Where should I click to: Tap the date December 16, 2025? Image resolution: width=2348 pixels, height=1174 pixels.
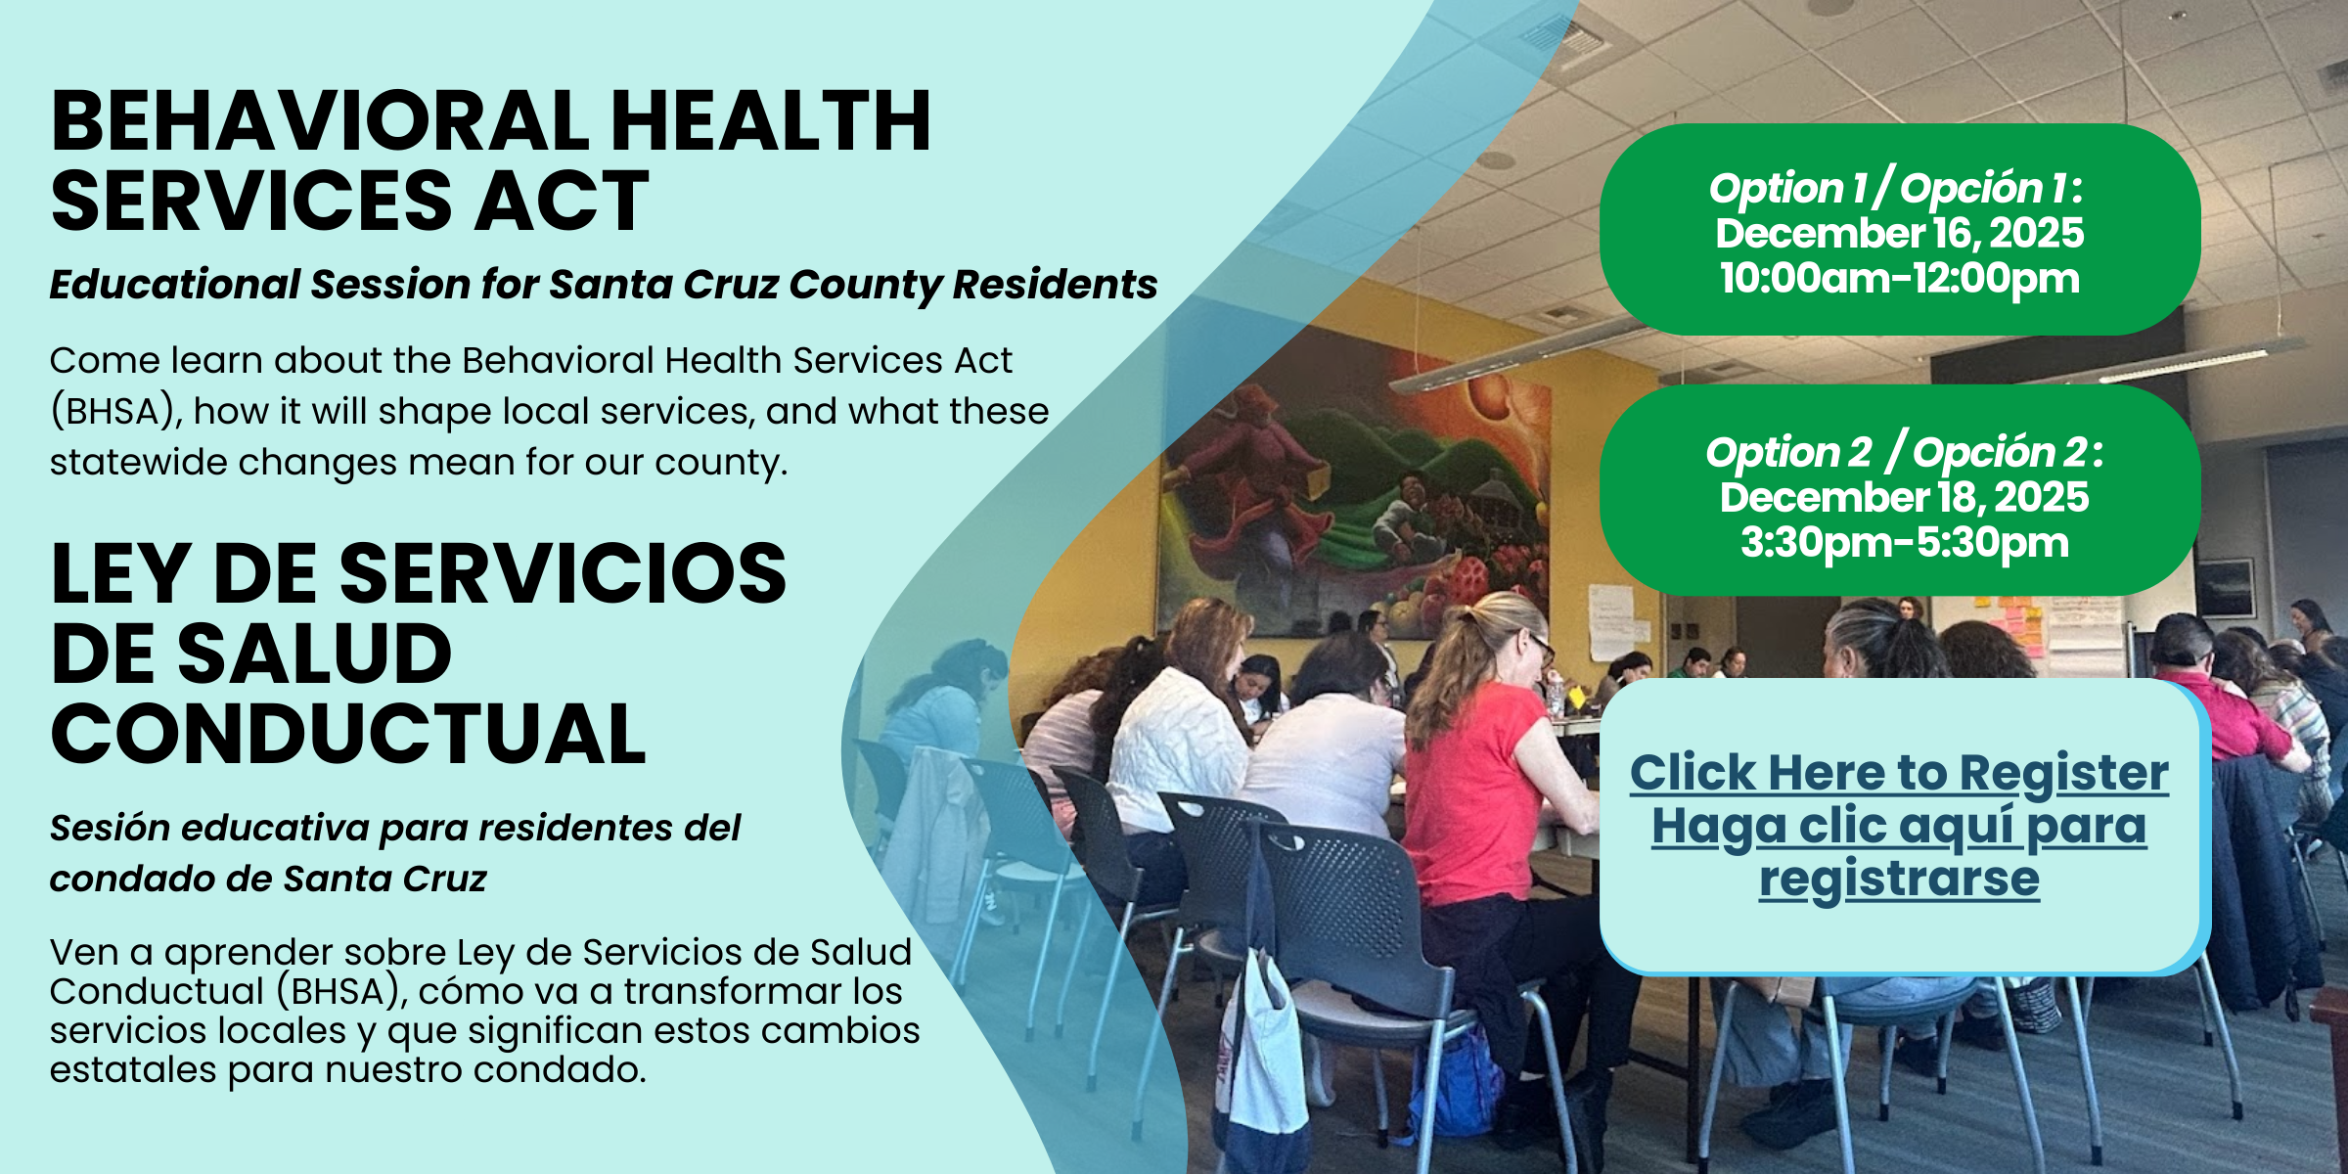tap(1899, 233)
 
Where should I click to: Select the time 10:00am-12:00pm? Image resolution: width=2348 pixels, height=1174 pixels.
tap(1899, 278)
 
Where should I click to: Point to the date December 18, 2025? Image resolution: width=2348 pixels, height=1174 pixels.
tap(1904, 497)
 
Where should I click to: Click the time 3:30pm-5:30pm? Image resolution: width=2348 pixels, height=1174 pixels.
tap(1904, 543)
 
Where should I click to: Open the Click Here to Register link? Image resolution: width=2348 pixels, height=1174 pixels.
tap(1899, 773)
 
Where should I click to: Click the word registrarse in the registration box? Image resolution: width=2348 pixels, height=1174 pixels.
tap(1899, 879)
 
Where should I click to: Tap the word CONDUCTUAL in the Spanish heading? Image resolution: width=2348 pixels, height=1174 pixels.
tap(348, 735)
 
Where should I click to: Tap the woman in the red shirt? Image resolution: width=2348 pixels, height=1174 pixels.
tap(1467, 773)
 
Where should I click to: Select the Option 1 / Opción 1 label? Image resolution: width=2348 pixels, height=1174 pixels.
tap(1896, 188)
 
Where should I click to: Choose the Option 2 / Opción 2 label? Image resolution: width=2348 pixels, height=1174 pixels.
tap(1904, 452)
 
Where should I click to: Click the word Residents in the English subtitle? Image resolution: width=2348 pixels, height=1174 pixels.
tap(1055, 285)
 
